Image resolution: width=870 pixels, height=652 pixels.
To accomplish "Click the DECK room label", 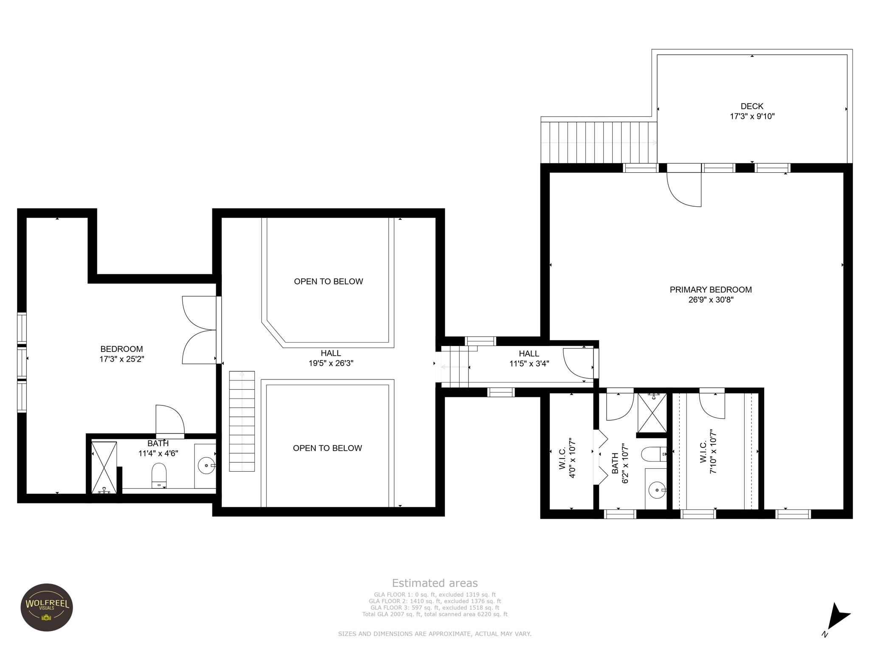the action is coord(752,106).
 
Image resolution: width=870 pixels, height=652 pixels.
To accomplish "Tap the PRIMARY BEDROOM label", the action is coord(711,289).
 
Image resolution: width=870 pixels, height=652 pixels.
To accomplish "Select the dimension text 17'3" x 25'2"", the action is coord(121,359).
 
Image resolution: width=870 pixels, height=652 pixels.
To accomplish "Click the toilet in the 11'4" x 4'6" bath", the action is coord(159,475).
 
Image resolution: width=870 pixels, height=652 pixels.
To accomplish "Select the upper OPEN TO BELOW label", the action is coord(328,281).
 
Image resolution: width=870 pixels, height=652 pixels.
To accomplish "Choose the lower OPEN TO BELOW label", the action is coord(327,448).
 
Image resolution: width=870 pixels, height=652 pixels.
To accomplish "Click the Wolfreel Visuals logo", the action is coord(47,607).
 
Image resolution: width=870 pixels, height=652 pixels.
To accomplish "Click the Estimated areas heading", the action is coord(435,583).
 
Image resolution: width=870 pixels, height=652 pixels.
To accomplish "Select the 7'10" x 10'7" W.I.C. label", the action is coord(708,451).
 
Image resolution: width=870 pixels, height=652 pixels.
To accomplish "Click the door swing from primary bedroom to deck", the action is coord(684,189).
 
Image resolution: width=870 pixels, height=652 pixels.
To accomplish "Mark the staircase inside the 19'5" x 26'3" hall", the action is coord(242,421).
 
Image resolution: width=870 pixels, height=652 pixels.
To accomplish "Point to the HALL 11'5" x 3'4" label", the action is coord(529,359).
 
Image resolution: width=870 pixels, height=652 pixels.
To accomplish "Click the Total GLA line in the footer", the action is coord(435,614).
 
